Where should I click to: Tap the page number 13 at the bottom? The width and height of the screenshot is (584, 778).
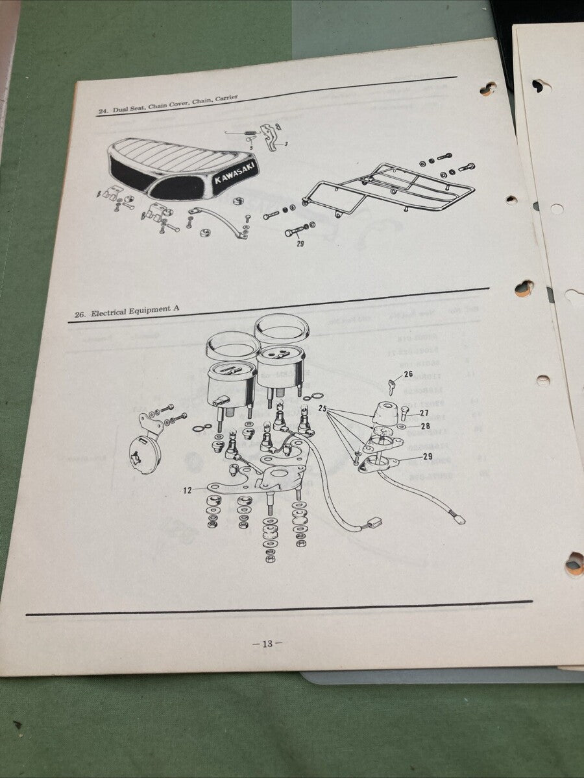pyautogui.click(x=267, y=644)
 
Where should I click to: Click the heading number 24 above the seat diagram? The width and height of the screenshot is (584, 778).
pyautogui.click(x=103, y=112)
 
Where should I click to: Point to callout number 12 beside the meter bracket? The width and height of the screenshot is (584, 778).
pyautogui.click(x=187, y=491)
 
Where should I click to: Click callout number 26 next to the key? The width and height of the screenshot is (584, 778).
pyautogui.click(x=408, y=374)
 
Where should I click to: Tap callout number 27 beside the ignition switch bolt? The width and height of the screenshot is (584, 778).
pyautogui.click(x=424, y=412)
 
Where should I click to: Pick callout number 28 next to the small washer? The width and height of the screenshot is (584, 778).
pyautogui.click(x=426, y=426)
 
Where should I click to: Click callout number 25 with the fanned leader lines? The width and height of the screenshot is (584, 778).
pyautogui.click(x=322, y=409)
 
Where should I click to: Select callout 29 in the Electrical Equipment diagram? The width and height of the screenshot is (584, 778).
pyautogui.click(x=428, y=456)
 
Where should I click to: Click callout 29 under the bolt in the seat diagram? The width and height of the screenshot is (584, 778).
pyautogui.click(x=300, y=244)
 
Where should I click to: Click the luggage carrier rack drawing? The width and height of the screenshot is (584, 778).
pyautogui.click(x=389, y=188)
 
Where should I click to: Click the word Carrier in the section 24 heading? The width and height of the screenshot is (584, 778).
pyautogui.click(x=224, y=99)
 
